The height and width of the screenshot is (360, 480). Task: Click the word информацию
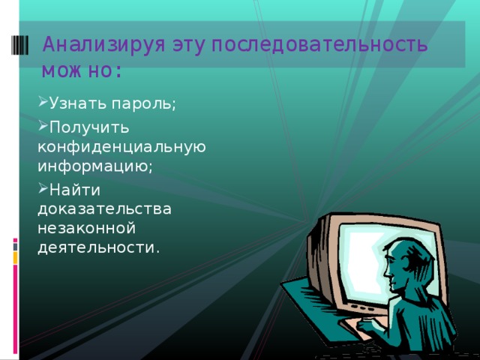click(93, 166)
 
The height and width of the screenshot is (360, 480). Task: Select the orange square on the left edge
click(14, 257)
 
